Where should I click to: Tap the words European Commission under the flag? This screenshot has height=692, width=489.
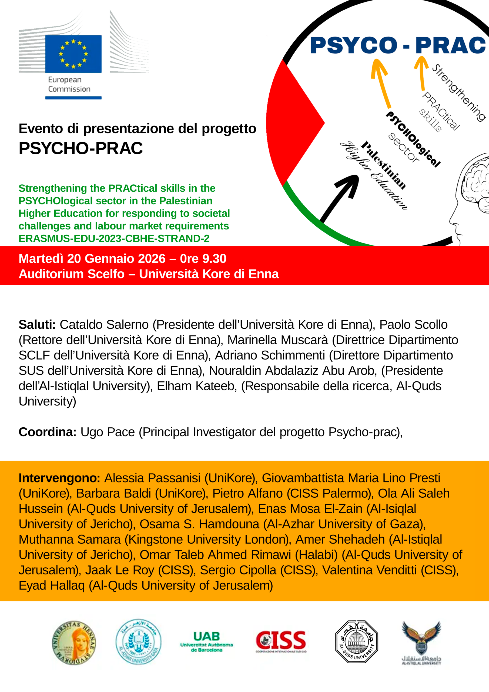pos(69,84)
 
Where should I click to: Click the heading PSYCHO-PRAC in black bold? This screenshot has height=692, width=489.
pos(81,148)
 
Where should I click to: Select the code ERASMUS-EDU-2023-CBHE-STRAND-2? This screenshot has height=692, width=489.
pos(114,238)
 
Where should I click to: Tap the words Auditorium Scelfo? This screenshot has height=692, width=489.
pos(72,274)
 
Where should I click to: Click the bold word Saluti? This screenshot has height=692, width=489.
pos(37,325)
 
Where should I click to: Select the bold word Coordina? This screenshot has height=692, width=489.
pos(47,432)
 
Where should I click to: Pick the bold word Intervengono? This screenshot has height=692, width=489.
pos(59,478)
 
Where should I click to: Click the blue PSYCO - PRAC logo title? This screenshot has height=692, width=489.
pos(398,45)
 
